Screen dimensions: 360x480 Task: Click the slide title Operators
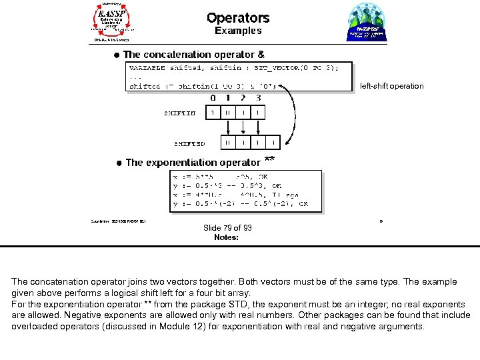pyautogui.click(x=238, y=18)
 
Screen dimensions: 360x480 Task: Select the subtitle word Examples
pyautogui.click(x=238, y=31)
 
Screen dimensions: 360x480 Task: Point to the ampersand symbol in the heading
pyautogui.click(x=261, y=55)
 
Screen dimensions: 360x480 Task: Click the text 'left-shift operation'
pyautogui.click(x=391, y=86)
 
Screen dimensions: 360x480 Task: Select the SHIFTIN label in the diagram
pyautogui.click(x=180, y=113)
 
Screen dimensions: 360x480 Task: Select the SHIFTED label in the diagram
pyautogui.click(x=189, y=143)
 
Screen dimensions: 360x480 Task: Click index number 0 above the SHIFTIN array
pyautogui.click(x=213, y=98)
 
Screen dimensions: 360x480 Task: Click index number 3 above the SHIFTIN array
pyautogui.click(x=258, y=98)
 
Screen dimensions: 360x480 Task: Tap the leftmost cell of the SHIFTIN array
pyautogui.click(x=213, y=113)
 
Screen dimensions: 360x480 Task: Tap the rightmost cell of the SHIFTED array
pyautogui.click(x=273, y=143)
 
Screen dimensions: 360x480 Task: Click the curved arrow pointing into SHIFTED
pyautogui.click(x=291, y=113)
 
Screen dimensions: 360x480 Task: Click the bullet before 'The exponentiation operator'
pyautogui.click(x=118, y=163)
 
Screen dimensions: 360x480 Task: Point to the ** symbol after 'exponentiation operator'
pyautogui.click(x=269, y=160)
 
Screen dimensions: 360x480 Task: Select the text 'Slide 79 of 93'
pyautogui.click(x=227, y=228)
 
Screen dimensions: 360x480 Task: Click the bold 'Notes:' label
pyautogui.click(x=226, y=237)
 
